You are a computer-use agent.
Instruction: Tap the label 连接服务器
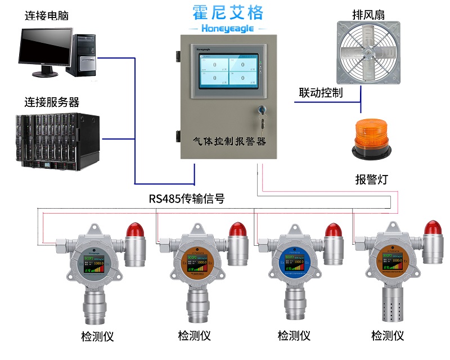pyautogui.click(x=52, y=102)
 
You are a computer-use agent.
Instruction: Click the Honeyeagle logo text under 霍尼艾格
pyautogui.click(x=227, y=28)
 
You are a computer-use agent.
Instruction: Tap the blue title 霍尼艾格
pyautogui.click(x=227, y=12)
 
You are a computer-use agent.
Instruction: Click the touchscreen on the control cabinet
pyautogui.click(x=227, y=70)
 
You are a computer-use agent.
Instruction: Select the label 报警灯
pyautogui.click(x=371, y=179)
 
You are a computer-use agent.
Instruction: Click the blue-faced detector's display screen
pyautogui.click(x=295, y=263)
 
